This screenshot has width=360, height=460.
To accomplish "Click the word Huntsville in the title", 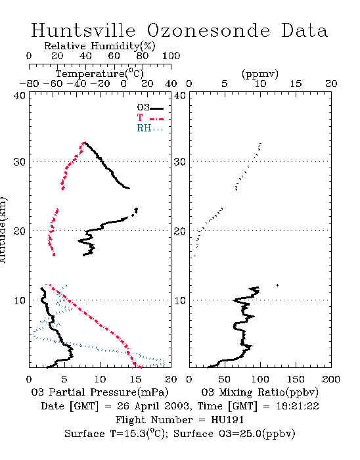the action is tap(83, 31).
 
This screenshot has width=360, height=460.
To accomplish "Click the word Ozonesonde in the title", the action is tap(208, 31).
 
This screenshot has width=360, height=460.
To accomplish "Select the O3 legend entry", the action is tap(150, 108).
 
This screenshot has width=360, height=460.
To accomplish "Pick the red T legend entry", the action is tap(150, 118).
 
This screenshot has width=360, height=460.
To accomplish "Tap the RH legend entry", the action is tap(150, 128).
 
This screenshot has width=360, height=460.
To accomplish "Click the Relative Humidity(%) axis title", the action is tap(100, 46).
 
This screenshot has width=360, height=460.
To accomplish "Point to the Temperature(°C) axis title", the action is tap(100, 74).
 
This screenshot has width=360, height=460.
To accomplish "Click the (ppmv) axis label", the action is tap(260, 74).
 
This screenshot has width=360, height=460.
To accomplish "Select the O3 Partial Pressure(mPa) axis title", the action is tap(100, 392).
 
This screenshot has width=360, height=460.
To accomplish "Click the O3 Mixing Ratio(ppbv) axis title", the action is tap(259, 392).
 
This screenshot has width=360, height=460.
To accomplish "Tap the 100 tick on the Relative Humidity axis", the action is tap(171, 56).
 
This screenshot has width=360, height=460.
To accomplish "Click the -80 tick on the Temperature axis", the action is tap(29, 83).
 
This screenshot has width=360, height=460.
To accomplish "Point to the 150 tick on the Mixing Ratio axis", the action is tap(296, 379).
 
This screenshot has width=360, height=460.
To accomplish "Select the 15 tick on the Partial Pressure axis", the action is tap(135, 379).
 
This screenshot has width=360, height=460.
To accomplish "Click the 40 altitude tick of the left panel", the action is tap(20, 96).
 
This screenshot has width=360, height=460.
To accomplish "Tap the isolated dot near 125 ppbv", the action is tap(277, 285).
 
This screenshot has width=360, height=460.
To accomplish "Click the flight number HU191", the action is tap(227, 420).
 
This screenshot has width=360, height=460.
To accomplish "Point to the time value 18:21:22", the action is tap(298, 406).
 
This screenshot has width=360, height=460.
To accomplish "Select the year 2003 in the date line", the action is tap(177, 406).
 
